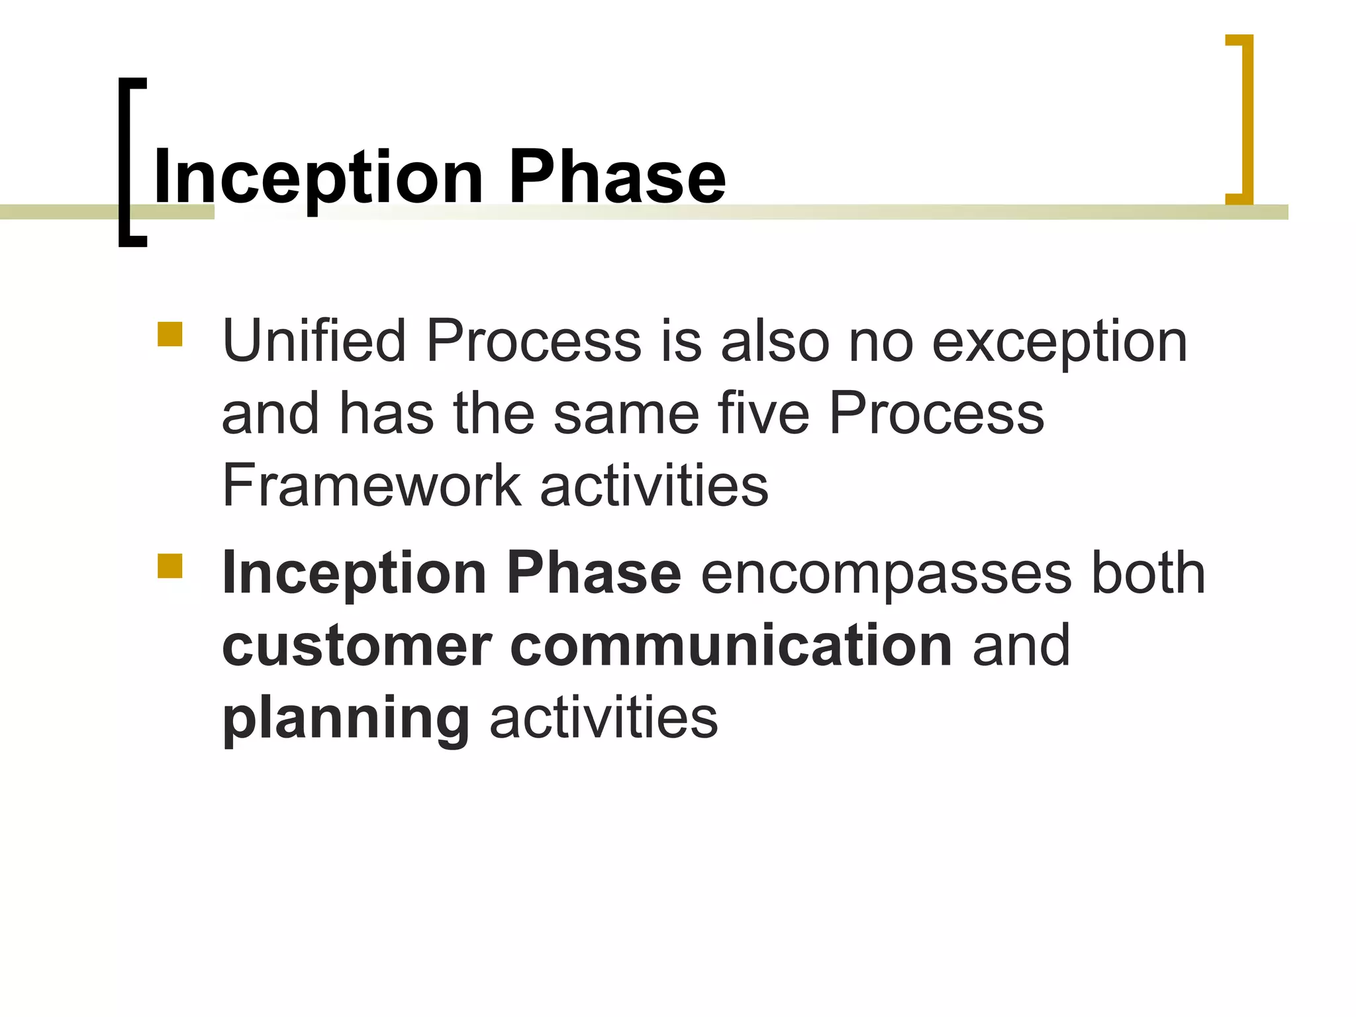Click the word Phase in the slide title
[617, 177]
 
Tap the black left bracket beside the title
[126, 162]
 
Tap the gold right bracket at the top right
[1246, 119]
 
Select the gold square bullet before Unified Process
[170, 335]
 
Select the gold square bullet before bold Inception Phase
[170, 567]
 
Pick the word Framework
[371, 485]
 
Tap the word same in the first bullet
[626, 414]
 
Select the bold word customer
[357, 646]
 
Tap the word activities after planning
[603, 718]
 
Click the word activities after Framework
[654, 485]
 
